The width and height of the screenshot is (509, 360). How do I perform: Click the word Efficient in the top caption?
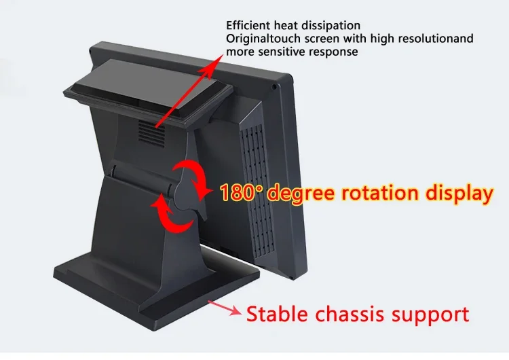247,26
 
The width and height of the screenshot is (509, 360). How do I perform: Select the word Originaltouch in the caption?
262,39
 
